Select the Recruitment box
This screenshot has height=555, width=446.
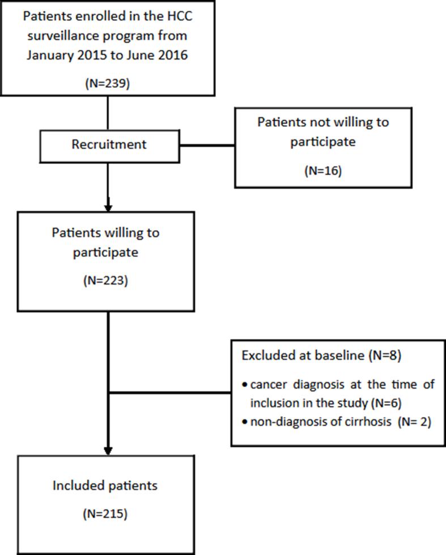[109, 145]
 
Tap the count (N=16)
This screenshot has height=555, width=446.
[323, 171]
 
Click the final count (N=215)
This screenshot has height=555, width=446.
[105, 514]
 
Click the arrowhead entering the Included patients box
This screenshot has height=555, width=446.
[108, 449]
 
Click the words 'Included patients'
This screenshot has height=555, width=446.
[105, 486]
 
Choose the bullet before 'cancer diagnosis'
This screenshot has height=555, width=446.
[244, 385]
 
